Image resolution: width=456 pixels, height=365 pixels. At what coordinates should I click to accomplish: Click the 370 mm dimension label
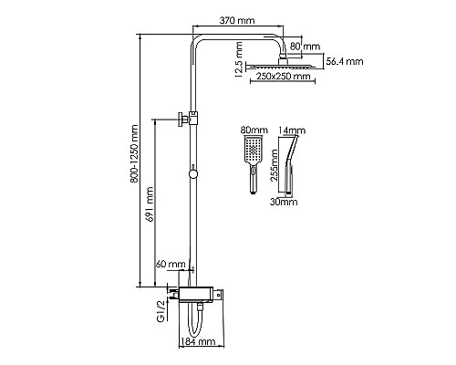click(237, 20)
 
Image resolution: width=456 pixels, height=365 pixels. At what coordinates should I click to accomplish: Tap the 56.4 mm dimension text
click(345, 61)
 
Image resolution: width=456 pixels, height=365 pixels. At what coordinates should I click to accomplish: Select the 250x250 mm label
click(284, 76)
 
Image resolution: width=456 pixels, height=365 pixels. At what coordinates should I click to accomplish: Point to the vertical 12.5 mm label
click(239, 59)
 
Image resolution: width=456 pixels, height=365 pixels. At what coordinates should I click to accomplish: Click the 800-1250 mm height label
click(134, 153)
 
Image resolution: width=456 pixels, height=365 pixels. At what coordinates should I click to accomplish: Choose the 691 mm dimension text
click(149, 204)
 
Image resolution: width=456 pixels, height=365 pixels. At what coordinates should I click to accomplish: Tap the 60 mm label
click(171, 264)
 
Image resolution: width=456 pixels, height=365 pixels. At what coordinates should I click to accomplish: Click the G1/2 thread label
click(161, 310)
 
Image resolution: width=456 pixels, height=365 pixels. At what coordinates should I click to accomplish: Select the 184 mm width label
click(198, 341)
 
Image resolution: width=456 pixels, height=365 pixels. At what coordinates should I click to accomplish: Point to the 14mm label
click(292, 130)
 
